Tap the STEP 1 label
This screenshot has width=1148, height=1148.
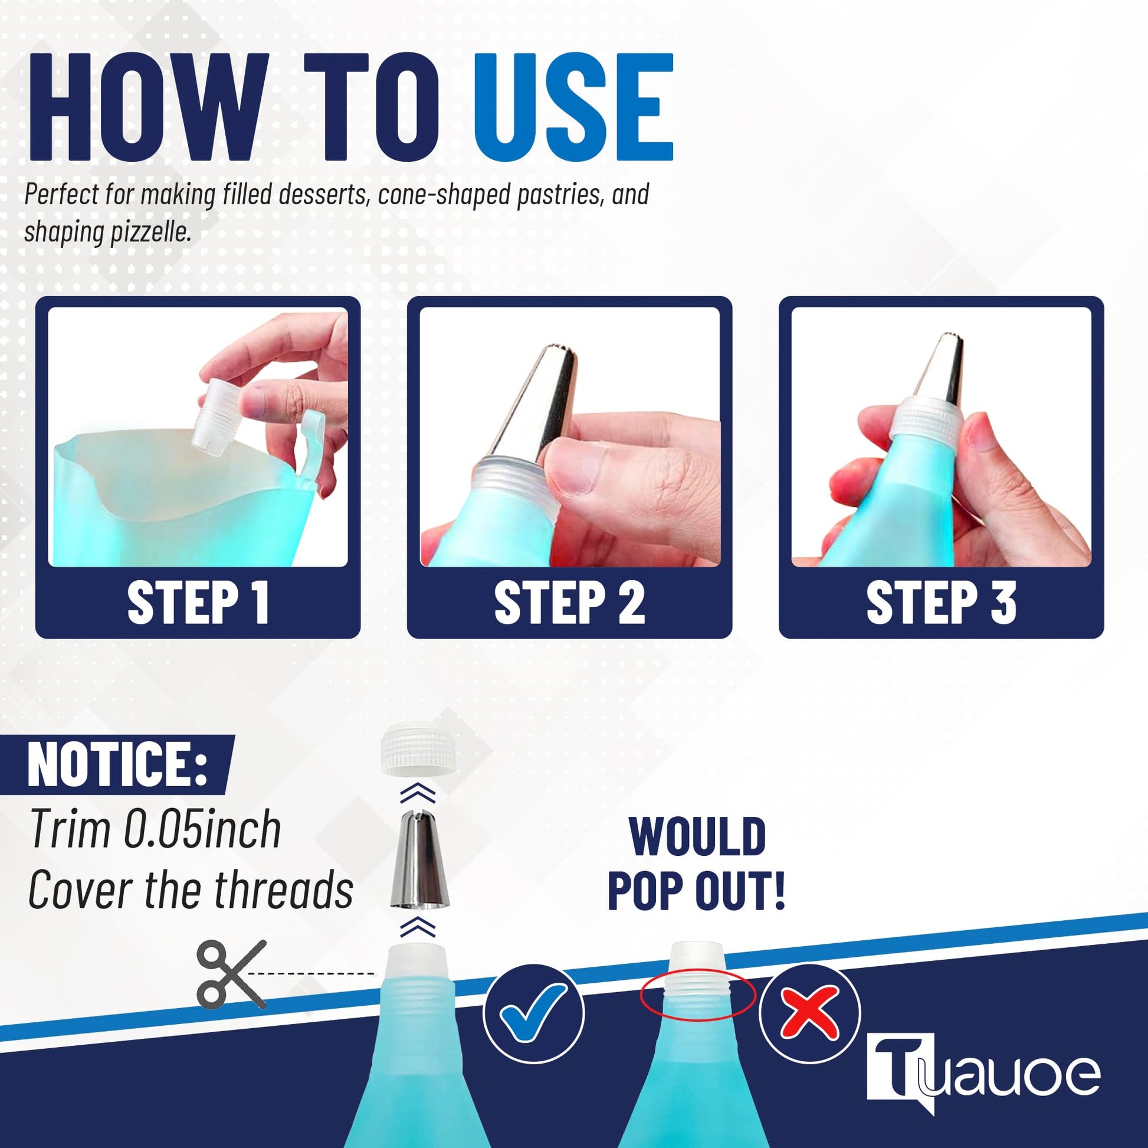point(198,603)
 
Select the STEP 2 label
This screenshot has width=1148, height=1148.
point(569,603)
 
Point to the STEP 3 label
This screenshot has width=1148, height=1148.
point(941,603)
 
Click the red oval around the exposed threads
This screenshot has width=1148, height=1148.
point(698,994)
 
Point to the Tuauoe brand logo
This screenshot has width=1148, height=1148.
point(983,1074)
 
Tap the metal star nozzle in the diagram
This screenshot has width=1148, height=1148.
point(418,856)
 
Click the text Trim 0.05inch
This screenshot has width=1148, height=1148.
point(155,829)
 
